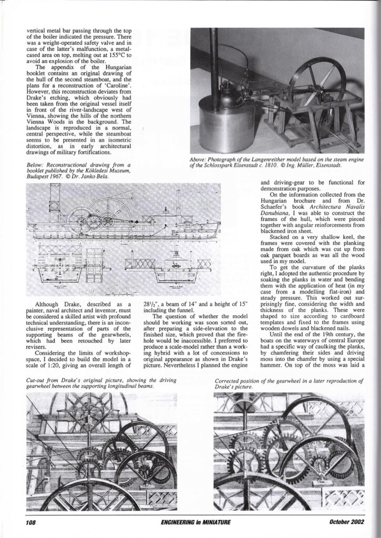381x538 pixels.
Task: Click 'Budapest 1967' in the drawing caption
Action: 46,177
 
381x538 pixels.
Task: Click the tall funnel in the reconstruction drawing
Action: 52,198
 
